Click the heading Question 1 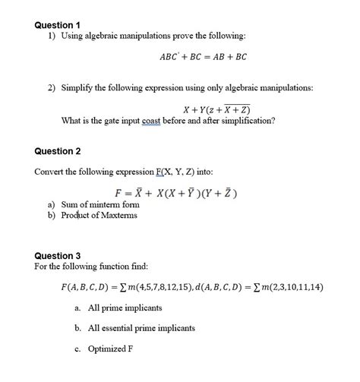point(58,24)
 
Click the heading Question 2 point(58,152)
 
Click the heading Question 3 point(58,256)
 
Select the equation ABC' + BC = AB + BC point(203,57)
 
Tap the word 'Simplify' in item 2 point(80,88)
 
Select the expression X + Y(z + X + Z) point(218,109)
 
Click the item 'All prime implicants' point(125,308)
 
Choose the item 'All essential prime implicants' point(141,328)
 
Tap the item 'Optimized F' point(110,349)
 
